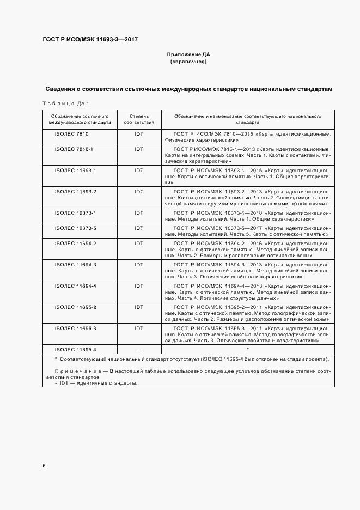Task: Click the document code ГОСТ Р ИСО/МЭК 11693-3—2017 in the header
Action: coord(90,40)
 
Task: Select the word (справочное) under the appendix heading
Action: coord(188,62)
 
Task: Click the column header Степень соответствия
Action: coord(139,119)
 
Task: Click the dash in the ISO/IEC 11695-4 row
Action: coord(139,365)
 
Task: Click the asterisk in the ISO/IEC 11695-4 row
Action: coord(247,364)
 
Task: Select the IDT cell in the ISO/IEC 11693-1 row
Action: coord(139,170)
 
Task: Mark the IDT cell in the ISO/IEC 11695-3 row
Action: coord(139,343)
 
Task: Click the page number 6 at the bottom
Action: coord(44,466)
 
